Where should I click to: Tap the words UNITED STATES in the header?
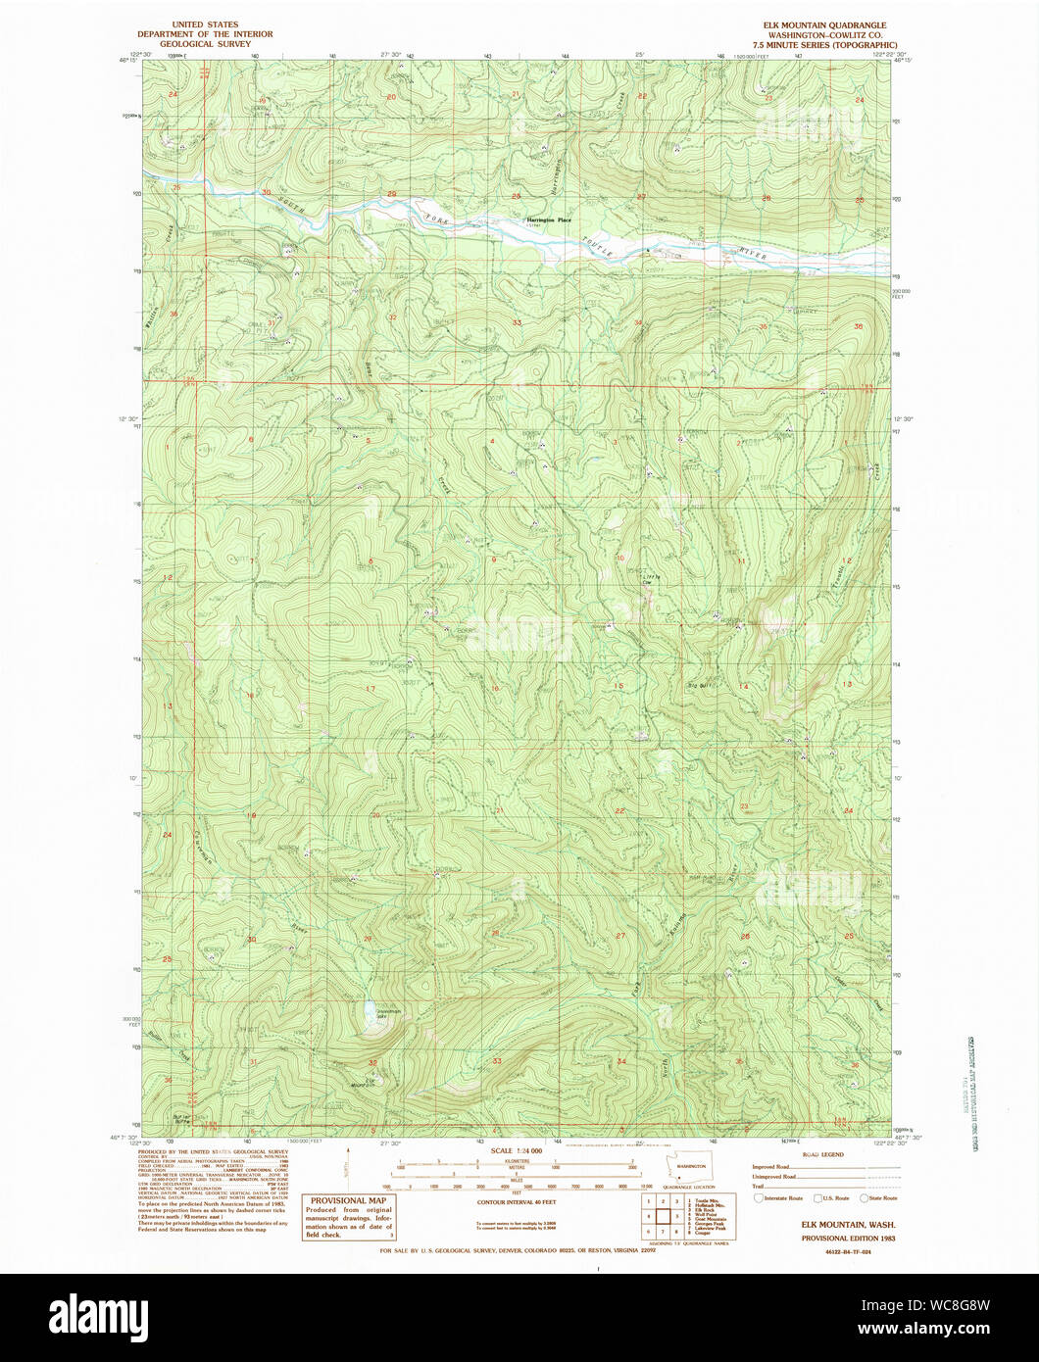(207, 24)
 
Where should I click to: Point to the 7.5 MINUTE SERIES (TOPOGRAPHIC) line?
(824, 45)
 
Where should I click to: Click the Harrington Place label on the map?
(548, 220)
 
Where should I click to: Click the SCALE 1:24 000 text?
(516, 1150)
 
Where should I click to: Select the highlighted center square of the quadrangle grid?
(662, 1215)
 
